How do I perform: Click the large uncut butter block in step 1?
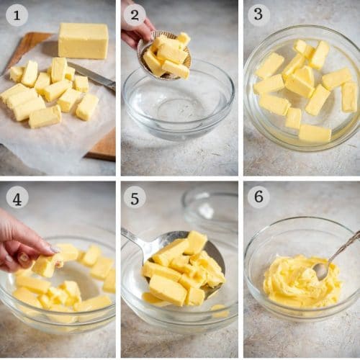(x=83, y=40)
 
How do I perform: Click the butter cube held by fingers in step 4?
(x=45, y=265)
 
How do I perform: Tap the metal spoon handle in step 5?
(x=135, y=240)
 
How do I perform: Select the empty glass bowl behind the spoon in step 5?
(x=209, y=209)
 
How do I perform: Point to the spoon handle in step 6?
(x=345, y=248)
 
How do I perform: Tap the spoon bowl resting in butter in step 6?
(x=322, y=270)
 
